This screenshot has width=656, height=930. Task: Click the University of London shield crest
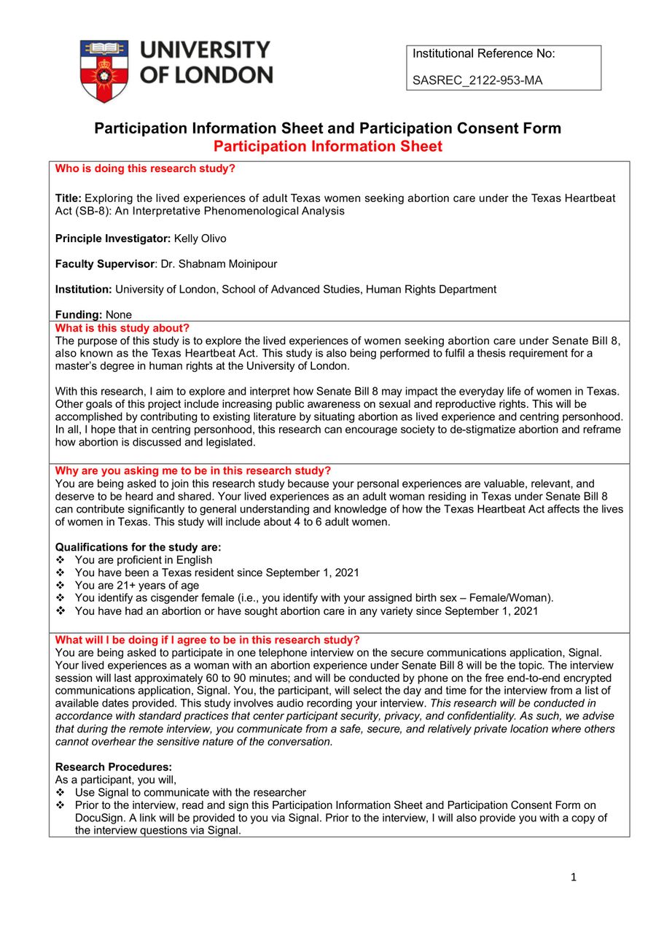[104, 71]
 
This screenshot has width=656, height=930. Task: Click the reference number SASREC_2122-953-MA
[477, 80]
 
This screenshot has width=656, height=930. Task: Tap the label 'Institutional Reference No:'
[483, 53]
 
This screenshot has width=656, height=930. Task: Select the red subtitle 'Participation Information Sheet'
[327, 146]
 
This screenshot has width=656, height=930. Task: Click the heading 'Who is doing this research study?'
[145, 168]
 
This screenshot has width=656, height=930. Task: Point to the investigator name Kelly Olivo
[200, 239]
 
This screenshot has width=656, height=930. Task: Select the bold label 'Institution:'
[84, 290]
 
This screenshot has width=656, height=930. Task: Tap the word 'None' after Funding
[119, 315]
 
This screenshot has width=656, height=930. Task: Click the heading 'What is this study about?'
[122, 328]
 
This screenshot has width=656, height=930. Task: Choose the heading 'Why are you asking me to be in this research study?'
[193, 470]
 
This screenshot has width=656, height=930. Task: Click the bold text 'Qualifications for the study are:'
[138, 547]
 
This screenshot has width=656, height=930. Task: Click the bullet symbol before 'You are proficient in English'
[60, 560]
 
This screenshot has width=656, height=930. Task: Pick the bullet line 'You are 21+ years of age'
[136, 586]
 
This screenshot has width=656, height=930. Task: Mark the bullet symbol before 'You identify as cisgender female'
[60, 598]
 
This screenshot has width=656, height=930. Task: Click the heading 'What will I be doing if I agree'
[207, 640]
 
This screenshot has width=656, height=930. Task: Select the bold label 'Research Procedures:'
[114, 767]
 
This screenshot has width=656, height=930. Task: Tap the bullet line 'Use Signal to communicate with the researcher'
[190, 793]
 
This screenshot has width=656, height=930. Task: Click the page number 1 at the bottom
[574, 877]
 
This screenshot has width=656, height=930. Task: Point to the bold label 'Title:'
[69, 198]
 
